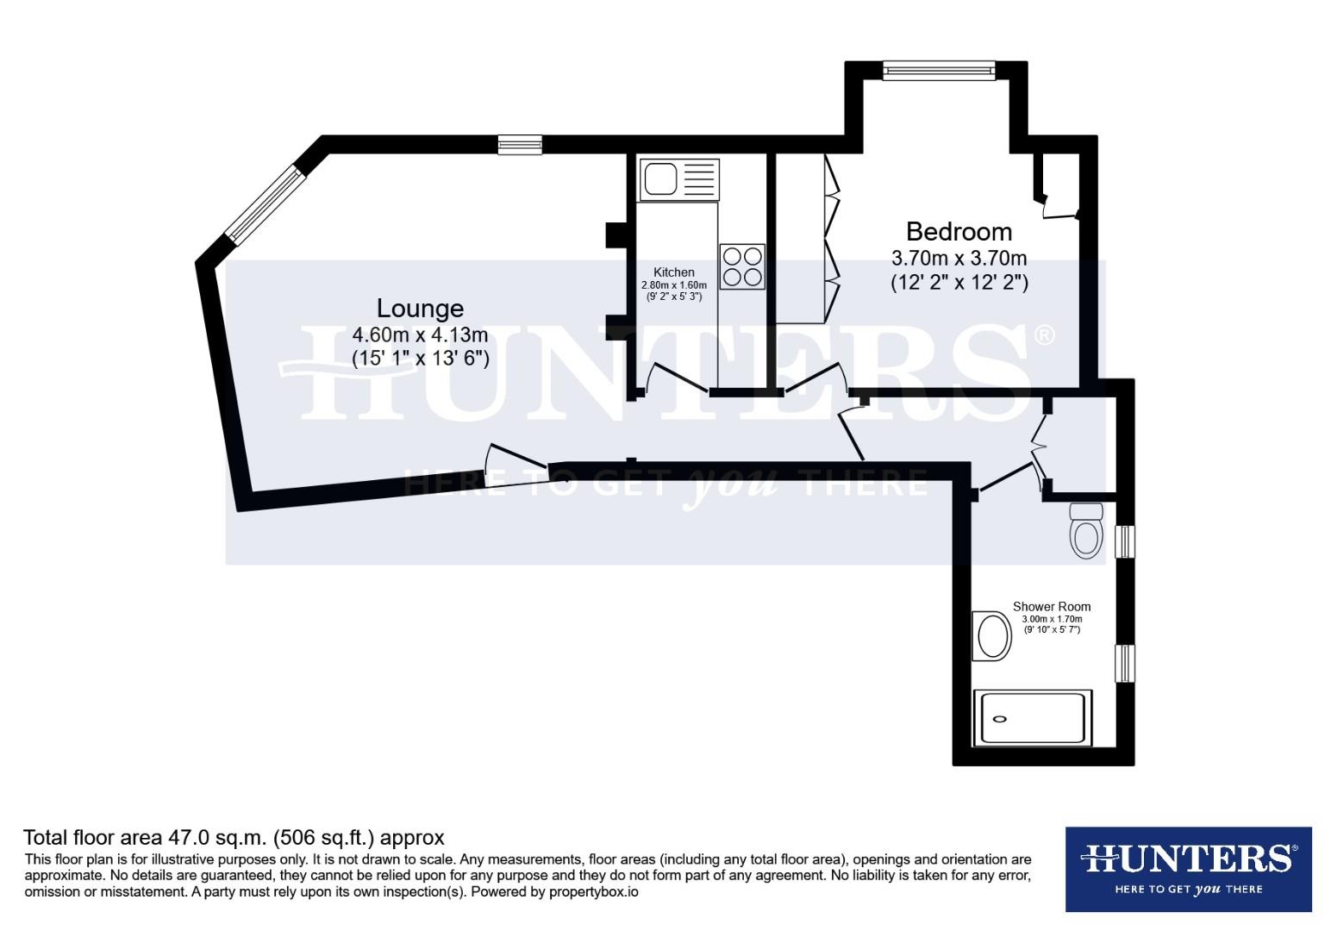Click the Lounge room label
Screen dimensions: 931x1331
[x=420, y=309]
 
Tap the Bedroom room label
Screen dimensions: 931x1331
[x=959, y=231]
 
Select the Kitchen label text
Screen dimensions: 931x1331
[x=673, y=272]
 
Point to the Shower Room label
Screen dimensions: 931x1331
[x=1051, y=607]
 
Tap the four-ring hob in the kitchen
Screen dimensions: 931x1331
[x=742, y=266]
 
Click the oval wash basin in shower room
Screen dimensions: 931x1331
[x=992, y=636]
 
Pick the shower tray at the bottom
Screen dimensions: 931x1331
[x=1032, y=718]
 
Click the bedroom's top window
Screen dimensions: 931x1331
[x=939, y=70]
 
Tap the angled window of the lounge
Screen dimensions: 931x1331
[x=265, y=204]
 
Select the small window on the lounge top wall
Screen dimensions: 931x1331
[x=520, y=145]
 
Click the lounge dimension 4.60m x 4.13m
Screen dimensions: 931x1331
[x=420, y=334]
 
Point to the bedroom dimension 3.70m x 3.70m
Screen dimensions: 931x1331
[x=959, y=258]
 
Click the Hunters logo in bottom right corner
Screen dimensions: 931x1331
[x=1188, y=869]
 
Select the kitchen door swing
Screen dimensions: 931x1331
[x=678, y=379]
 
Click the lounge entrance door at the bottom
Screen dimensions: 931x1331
[x=517, y=465]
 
